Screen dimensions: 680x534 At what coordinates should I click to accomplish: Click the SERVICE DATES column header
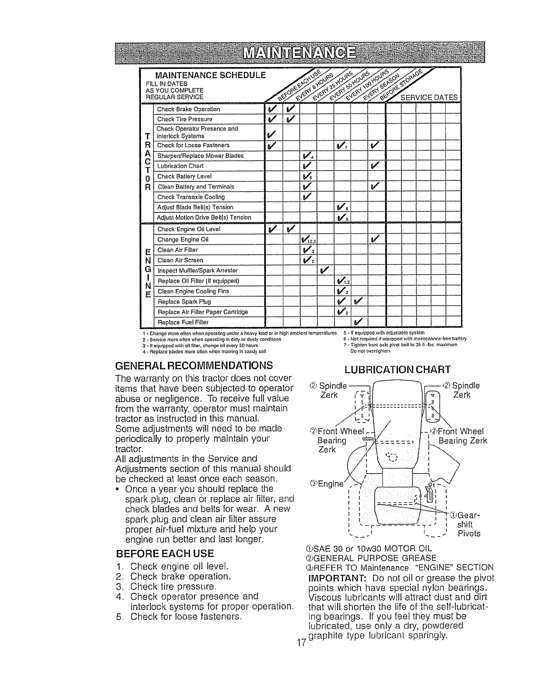tap(428, 97)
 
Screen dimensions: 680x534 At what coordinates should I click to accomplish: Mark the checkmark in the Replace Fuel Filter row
tap(358, 322)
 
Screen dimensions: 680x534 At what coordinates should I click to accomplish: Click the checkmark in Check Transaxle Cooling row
tap(306, 197)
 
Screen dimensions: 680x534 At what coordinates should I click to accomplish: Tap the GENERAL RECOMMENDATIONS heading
tap(194, 366)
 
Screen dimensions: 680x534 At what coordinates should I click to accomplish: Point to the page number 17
tap(301, 642)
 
